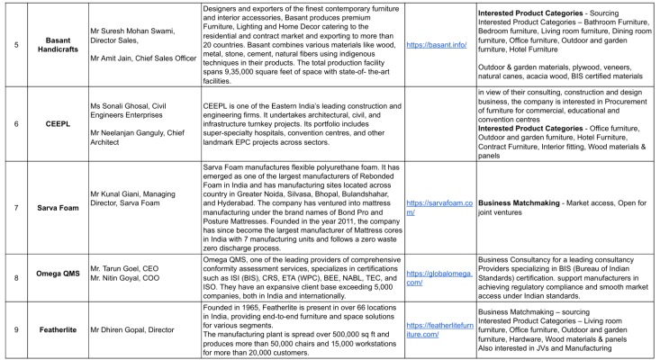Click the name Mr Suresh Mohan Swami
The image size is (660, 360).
click(x=137, y=29)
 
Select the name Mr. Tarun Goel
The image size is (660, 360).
click(x=118, y=268)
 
